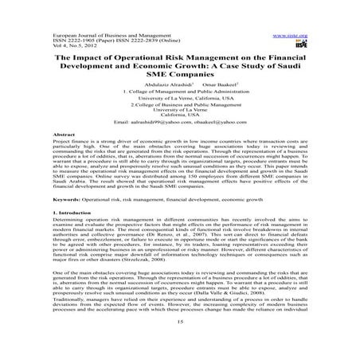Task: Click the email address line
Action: click(x=180, y=124)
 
